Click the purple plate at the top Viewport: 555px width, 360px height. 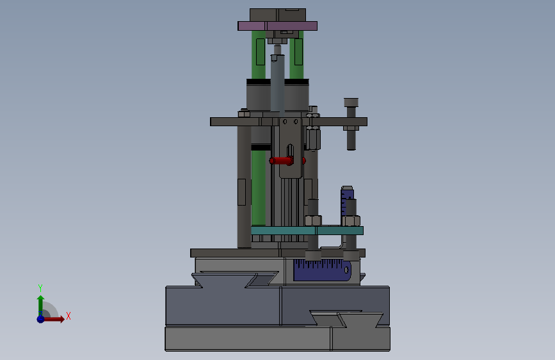point(278,26)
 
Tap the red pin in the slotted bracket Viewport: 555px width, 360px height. point(282,161)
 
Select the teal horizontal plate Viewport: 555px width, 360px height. point(307,231)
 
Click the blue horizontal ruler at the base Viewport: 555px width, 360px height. point(322,270)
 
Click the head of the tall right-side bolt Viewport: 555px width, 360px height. point(351,102)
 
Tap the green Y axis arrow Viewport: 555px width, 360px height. point(40,306)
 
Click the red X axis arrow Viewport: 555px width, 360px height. point(54,319)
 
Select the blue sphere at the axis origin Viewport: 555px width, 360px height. point(41,319)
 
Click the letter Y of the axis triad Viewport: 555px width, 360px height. point(40,288)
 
